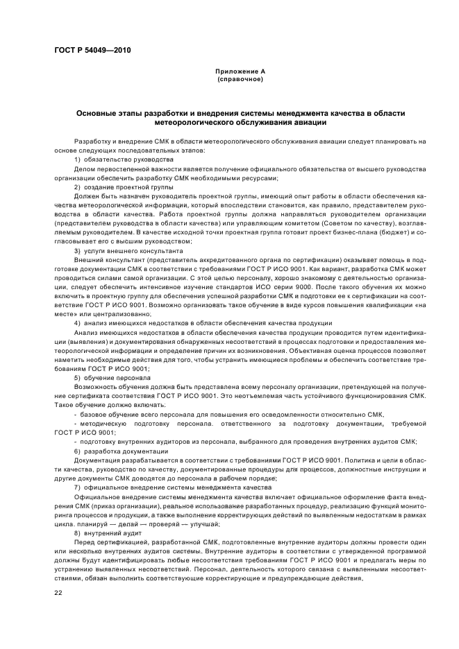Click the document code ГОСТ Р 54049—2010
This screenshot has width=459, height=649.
(x=91, y=51)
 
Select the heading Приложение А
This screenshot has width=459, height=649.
(x=240, y=71)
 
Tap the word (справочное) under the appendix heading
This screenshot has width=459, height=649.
(x=240, y=79)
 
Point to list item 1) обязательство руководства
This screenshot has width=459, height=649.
(x=124, y=159)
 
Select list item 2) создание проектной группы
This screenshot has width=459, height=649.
(x=124, y=187)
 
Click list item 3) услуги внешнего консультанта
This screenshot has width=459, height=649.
(x=128, y=250)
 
